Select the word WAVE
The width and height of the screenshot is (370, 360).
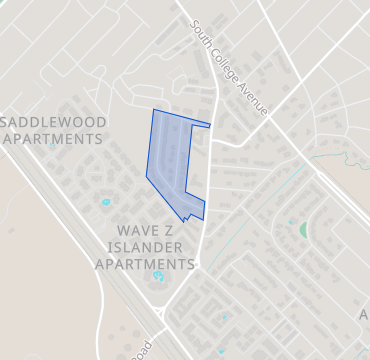click(x=129, y=229)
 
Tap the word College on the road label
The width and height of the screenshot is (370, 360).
click(x=227, y=66)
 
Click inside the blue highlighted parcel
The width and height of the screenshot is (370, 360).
click(x=170, y=160)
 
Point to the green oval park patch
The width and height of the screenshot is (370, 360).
click(x=303, y=230)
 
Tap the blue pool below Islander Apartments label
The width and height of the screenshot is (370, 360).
click(x=158, y=277)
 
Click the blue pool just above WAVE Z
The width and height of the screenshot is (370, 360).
click(x=106, y=203)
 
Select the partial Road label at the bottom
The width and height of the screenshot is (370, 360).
click(x=140, y=347)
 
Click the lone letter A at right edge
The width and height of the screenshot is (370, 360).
click(x=363, y=314)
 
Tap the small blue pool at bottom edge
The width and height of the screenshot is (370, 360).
click(x=221, y=352)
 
